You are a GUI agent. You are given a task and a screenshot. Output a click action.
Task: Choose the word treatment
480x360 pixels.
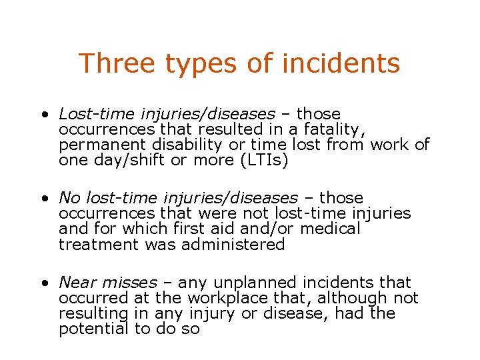click(x=91, y=245)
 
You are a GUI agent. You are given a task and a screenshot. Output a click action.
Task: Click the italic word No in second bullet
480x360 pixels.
click(x=68, y=198)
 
